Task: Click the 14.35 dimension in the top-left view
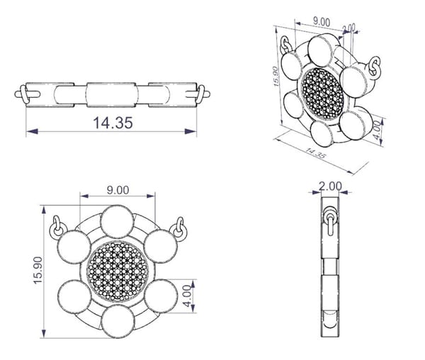coord(113,123)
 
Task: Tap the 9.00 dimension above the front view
coord(118,191)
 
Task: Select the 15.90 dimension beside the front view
coord(38,270)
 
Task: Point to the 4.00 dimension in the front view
coord(187,296)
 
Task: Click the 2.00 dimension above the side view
coord(330,186)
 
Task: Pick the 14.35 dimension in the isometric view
coord(315,154)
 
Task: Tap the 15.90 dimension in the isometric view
coord(276,76)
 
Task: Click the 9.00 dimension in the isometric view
coord(322,22)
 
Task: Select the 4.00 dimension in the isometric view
coord(377,130)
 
